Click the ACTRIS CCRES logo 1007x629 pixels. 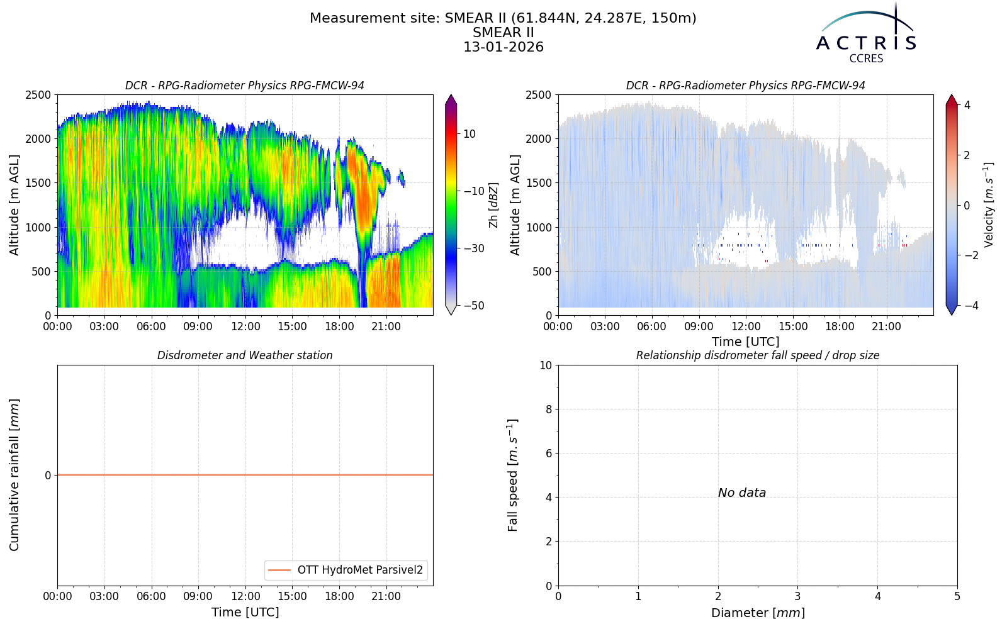click(x=866, y=34)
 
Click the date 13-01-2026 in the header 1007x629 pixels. click(x=503, y=47)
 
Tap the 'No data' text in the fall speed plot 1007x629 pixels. click(x=742, y=493)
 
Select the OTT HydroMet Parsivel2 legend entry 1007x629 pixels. click(x=346, y=570)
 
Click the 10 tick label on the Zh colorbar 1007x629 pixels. click(x=470, y=134)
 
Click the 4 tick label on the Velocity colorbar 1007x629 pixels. click(x=967, y=105)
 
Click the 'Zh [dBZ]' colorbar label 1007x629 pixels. click(x=493, y=205)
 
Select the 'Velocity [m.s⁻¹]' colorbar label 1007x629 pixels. click(x=988, y=205)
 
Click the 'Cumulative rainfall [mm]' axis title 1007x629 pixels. click(x=14, y=475)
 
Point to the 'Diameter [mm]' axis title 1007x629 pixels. click(x=758, y=613)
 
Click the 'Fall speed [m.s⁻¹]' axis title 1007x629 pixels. click(x=513, y=475)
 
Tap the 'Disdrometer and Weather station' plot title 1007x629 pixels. click(x=245, y=355)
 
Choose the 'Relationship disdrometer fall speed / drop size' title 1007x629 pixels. click(x=758, y=355)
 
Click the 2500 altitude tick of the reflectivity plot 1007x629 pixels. click(x=38, y=95)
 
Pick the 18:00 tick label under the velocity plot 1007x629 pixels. click(x=840, y=326)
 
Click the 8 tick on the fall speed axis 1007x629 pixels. click(x=548, y=409)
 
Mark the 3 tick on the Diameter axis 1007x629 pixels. click(x=798, y=596)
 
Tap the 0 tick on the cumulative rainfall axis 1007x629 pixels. click(x=48, y=476)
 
